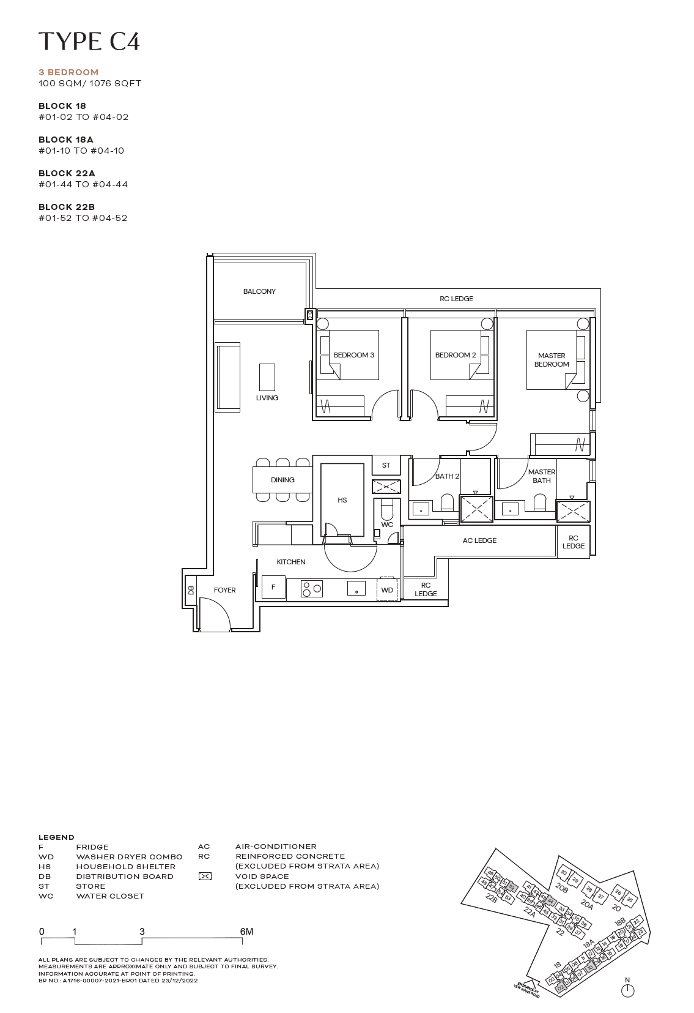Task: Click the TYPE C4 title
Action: (89, 42)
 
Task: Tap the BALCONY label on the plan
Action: (259, 291)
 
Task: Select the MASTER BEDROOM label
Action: (552, 360)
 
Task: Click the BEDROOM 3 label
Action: (353, 355)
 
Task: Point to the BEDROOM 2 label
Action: (455, 355)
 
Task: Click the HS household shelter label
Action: (342, 500)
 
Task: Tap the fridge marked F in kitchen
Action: (273, 587)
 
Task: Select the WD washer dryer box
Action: (387, 590)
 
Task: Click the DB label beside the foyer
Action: (191, 590)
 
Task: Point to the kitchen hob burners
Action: (311, 589)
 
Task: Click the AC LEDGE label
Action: (479, 540)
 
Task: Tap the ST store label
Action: (386, 465)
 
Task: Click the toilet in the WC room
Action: (387, 510)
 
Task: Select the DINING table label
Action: (282, 480)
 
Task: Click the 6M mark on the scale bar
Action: (246, 932)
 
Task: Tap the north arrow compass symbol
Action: (627, 990)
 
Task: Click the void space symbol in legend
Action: (205, 877)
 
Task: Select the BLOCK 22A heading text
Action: (67, 173)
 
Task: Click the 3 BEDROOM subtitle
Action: (68, 72)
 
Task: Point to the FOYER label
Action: (224, 590)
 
